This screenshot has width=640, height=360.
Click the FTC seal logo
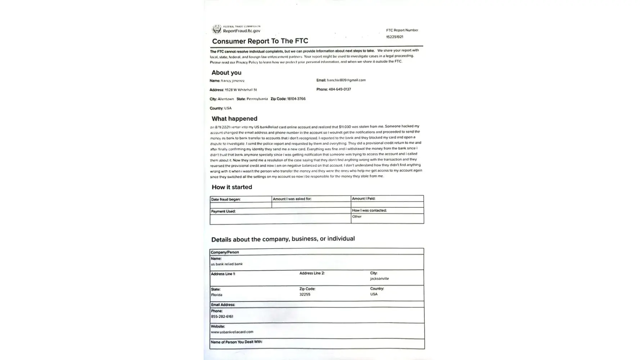click(217, 29)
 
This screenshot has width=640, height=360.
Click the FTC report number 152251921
click(395, 37)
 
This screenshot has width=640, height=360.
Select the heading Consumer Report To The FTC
click(260, 41)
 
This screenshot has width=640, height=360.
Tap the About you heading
click(226, 73)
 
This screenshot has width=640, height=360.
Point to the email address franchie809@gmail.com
click(346, 80)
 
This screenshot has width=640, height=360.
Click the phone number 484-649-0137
click(339, 89)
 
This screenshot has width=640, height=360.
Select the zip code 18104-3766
click(296, 99)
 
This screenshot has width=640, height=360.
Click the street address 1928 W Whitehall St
click(241, 90)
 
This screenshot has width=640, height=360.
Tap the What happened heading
click(234, 119)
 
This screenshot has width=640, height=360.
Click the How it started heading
click(232, 187)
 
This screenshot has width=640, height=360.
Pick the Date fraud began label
click(226, 199)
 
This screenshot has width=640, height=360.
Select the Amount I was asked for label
click(292, 199)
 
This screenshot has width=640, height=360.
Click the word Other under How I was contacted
click(357, 217)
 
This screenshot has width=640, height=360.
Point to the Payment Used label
click(223, 211)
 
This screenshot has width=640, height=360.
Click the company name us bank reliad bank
click(227, 264)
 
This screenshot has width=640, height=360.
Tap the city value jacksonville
click(379, 279)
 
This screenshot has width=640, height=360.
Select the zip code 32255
click(305, 294)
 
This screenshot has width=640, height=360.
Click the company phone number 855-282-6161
click(222, 317)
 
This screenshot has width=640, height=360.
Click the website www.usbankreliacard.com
click(232, 332)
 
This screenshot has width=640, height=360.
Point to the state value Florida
click(217, 295)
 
